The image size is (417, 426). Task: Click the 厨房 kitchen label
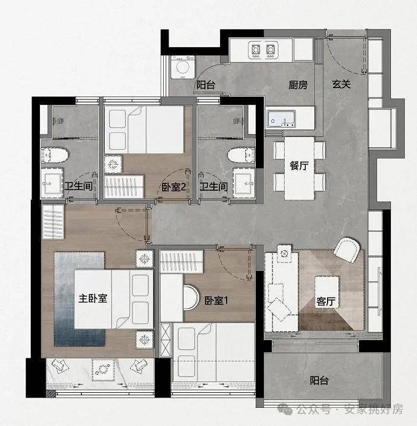click(298, 85)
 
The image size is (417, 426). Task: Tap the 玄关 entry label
click(341, 84)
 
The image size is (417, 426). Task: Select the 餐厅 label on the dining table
click(299, 165)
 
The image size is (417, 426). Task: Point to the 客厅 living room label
click(326, 301)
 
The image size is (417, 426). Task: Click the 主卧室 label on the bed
click(93, 298)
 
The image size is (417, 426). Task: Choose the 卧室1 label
click(216, 300)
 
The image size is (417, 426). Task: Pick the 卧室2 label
click(173, 187)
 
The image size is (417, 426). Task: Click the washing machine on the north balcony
click(183, 67)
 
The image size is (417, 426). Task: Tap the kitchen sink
click(281, 119)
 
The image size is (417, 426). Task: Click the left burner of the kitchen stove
click(256, 49)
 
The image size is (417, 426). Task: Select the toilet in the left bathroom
click(54, 155)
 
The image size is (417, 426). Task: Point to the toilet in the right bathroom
click(241, 155)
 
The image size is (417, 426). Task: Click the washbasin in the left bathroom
click(52, 183)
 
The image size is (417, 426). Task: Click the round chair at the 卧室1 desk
click(192, 297)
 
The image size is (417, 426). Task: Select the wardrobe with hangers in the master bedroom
click(53, 222)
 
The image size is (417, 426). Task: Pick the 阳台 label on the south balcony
click(319, 380)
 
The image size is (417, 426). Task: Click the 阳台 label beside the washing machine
click(205, 85)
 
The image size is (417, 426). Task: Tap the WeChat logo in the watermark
click(285, 409)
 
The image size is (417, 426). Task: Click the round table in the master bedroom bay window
click(103, 369)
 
